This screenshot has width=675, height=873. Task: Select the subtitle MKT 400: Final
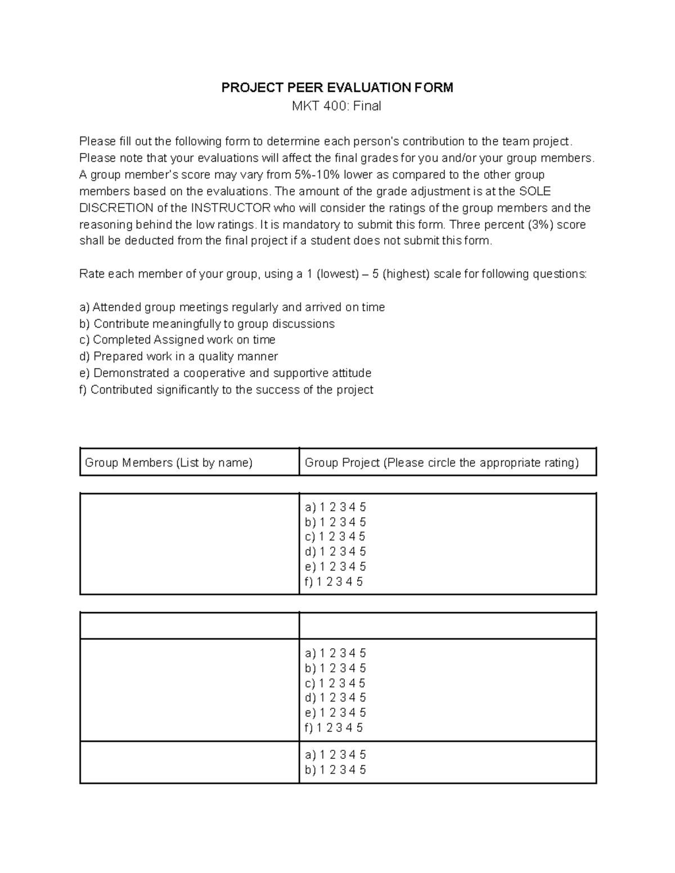coord(336,106)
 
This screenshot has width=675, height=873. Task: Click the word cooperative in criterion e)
coord(214,373)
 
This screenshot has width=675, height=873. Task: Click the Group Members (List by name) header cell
coord(169,463)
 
